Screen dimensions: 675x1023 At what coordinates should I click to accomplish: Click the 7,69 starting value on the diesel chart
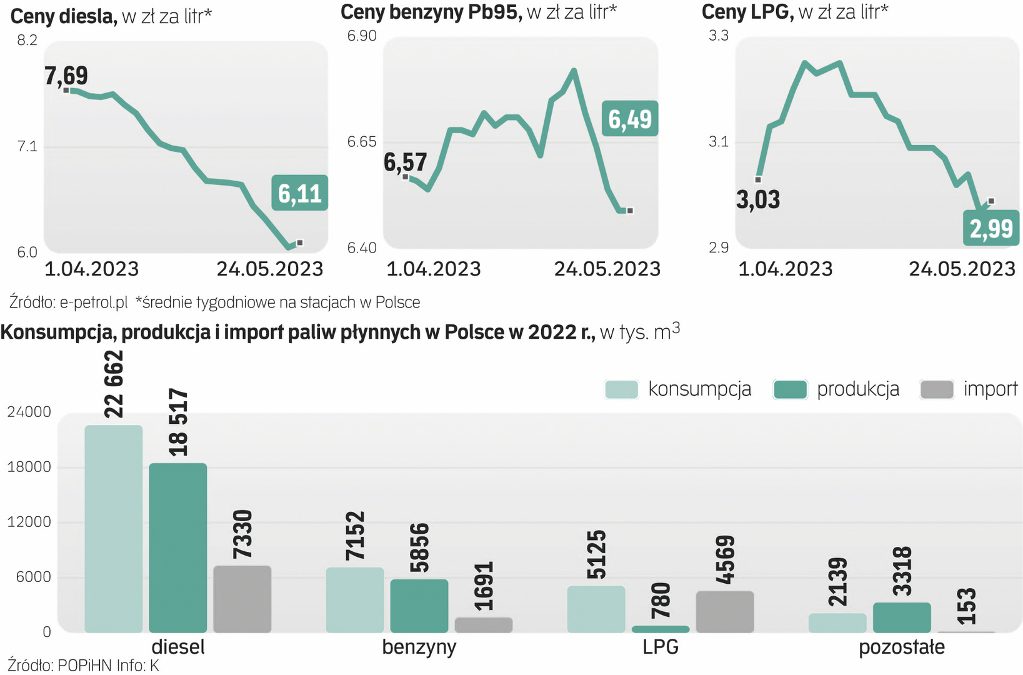66,76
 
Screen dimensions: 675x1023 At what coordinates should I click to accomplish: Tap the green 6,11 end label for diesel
300,193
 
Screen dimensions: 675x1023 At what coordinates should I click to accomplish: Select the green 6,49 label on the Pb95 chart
630,119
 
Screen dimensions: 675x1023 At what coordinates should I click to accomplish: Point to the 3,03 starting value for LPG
758,200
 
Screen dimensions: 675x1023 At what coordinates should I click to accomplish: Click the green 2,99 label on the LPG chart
991,229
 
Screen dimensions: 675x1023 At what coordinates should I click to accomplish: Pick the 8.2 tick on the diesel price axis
27,41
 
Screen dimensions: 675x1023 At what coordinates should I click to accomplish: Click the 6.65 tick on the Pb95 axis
362,142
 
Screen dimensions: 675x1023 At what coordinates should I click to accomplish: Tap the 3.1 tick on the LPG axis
718,142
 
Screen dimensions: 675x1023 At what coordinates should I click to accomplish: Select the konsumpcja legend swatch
621,389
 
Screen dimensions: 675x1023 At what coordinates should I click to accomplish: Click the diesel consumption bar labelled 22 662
114,528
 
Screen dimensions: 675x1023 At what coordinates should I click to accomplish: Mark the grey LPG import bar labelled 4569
725,611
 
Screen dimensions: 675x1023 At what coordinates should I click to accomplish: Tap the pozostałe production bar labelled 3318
902,617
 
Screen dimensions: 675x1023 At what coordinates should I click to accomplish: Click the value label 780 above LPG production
661,601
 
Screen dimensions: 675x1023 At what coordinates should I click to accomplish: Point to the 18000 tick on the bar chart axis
29,467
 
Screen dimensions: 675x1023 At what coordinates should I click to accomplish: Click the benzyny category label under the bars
419,647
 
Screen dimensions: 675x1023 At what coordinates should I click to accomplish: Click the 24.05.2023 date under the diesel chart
270,269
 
